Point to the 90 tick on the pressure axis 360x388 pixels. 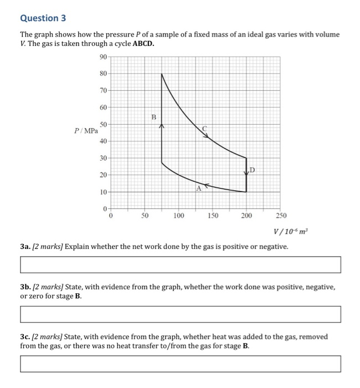(104, 57)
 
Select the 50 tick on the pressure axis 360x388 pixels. (104, 125)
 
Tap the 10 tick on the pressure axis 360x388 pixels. (104, 192)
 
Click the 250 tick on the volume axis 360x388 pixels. (281, 215)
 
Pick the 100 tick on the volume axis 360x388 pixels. (178, 215)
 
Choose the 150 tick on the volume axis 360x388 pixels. (213, 215)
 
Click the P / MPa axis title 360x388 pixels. (86, 131)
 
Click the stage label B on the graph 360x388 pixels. (154, 117)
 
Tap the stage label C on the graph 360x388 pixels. (204, 129)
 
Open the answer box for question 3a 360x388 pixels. (180, 265)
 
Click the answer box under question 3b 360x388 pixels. (180, 314)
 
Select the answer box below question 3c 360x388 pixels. (180, 364)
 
